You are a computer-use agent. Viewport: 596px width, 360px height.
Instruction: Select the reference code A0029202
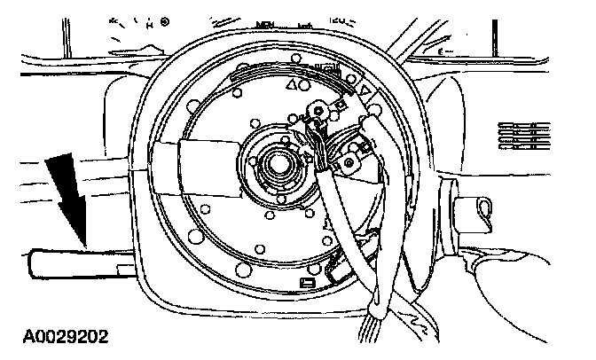point(59,338)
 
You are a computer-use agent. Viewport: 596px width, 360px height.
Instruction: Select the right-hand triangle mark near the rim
point(363,90)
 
